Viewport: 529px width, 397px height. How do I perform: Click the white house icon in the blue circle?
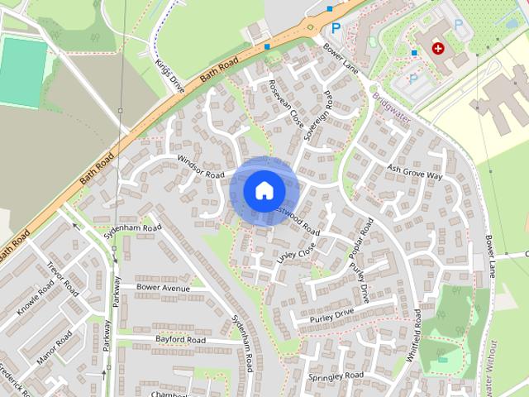tap(263, 190)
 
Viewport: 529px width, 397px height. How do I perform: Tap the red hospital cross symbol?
tap(437, 49)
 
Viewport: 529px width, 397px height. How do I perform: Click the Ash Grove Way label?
tap(415, 172)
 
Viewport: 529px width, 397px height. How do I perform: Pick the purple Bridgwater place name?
tap(391, 107)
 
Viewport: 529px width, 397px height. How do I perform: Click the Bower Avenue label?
tap(163, 287)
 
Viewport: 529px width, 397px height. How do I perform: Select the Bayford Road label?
tap(180, 339)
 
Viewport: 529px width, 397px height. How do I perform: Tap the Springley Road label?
tap(336, 376)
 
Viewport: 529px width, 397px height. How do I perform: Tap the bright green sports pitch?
tap(21, 71)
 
